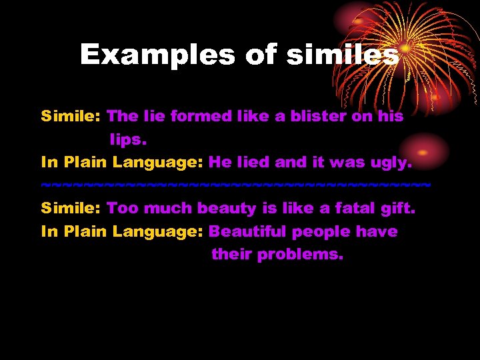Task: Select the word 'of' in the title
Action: pyautogui.click(x=261, y=55)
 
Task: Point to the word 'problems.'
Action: pyautogui.click(x=300, y=255)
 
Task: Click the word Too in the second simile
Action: pyautogui.click(x=123, y=208)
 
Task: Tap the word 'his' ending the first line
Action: pyautogui.click(x=389, y=116)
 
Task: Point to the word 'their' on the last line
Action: pyautogui.click(x=231, y=255)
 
